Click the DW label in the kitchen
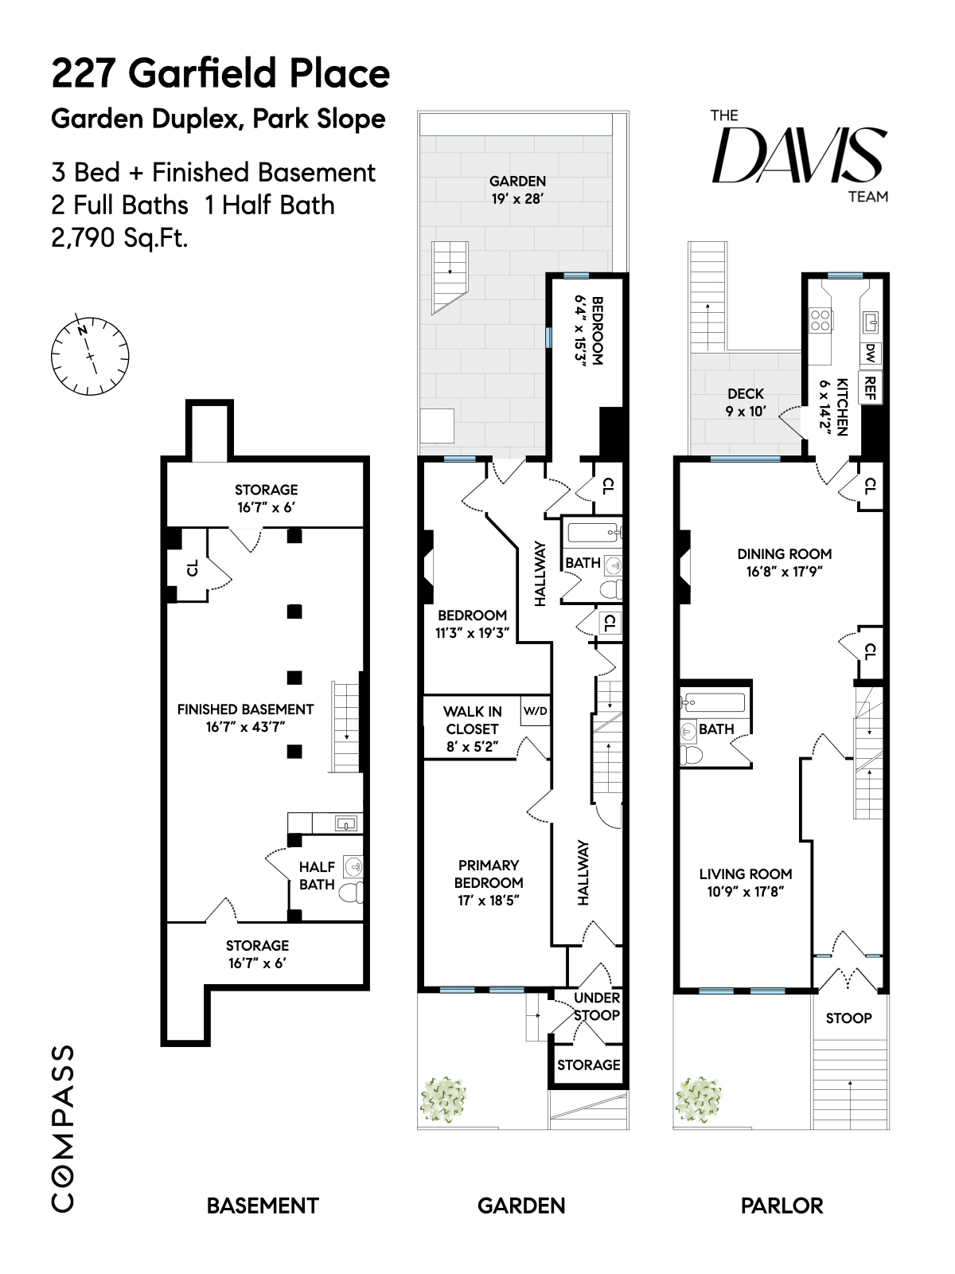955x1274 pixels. click(870, 352)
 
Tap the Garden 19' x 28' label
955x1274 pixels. click(517, 190)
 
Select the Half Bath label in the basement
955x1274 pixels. click(317, 875)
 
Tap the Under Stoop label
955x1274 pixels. click(597, 1006)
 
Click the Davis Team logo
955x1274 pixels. click(798, 155)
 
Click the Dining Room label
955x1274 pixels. click(784, 561)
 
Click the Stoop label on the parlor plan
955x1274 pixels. click(848, 1018)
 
